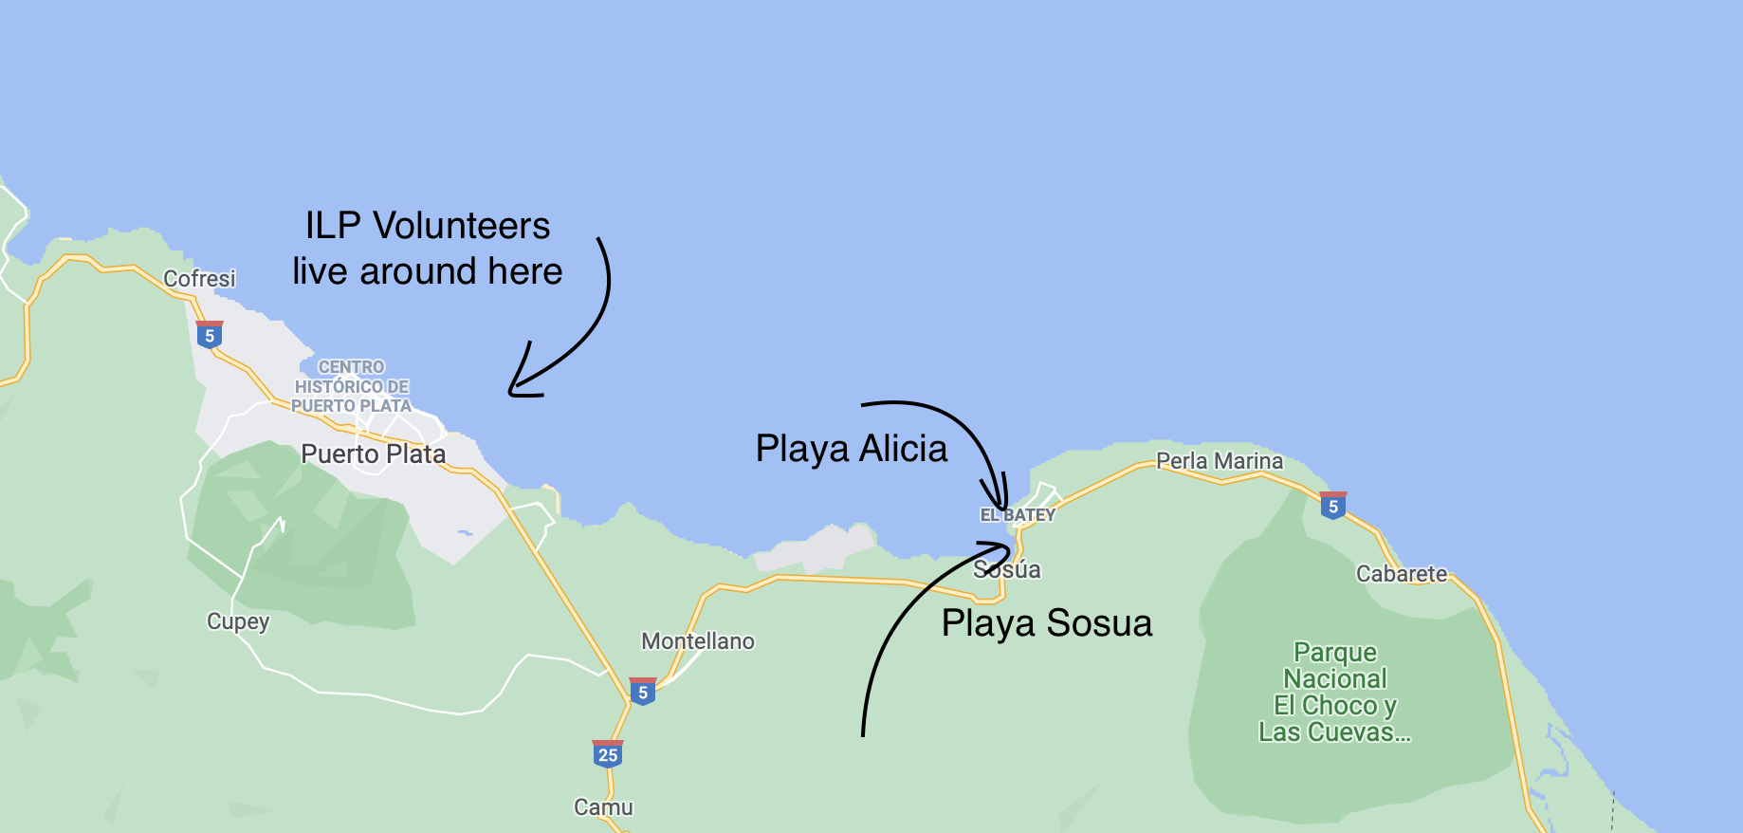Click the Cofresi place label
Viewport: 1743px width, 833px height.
pyautogui.click(x=199, y=279)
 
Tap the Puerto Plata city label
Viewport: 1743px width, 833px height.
pyautogui.click(x=373, y=454)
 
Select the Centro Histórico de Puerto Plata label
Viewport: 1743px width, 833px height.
pyautogui.click(x=351, y=386)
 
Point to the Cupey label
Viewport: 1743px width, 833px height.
pyautogui.click(x=238, y=621)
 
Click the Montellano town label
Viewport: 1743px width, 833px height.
pyautogui.click(x=698, y=641)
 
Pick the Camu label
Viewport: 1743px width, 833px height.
pyautogui.click(x=603, y=807)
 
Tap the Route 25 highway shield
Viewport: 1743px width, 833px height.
pyautogui.click(x=608, y=754)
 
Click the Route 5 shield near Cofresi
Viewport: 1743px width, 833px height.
pyautogui.click(x=210, y=335)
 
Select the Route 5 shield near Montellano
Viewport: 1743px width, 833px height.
pyautogui.click(x=643, y=692)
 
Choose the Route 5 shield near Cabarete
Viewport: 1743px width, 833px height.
pyautogui.click(x=1333, y=506)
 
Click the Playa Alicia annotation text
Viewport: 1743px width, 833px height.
pyautogui.click(x=852, y=449)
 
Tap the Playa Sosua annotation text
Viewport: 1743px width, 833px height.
pyautogui.click(x=1047, y=623)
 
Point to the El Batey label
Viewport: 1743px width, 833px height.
pyautogui.click(x=1018, y=515)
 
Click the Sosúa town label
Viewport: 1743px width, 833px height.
pyautogui.click(x=1007, y=570)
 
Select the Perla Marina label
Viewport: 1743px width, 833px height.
pyautogui.click(x=1220, y=461)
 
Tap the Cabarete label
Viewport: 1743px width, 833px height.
pyautogui.click(x=1402, y=574)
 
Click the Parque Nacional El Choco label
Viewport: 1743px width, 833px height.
pyautogui.click(x=1335, y=693)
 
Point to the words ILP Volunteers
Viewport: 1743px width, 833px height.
pyautogui.click(x=428, y=226)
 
